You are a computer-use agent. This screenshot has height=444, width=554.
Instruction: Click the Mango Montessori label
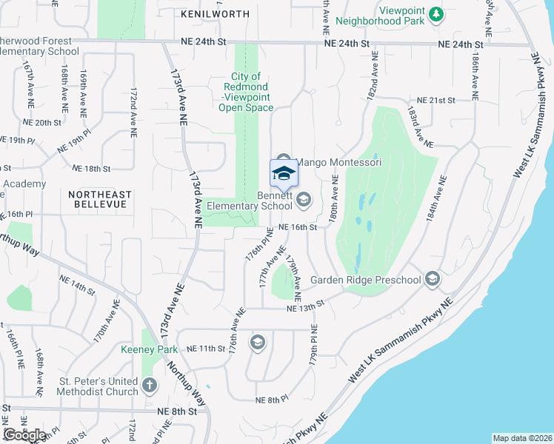coord(338,162)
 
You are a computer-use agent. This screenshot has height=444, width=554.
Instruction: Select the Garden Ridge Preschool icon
coord(433,279)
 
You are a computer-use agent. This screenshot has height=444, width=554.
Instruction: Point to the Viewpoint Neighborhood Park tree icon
coord(437,14)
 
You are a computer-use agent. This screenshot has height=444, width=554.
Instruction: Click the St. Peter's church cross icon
coord(150,386)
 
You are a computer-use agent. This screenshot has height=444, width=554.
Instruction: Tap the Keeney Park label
coord(150,349)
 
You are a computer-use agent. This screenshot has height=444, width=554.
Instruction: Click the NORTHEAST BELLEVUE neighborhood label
coord(99,199)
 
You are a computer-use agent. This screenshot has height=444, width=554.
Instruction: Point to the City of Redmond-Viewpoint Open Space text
coord(245,92)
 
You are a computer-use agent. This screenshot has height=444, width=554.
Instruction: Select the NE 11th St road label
coord(205,348)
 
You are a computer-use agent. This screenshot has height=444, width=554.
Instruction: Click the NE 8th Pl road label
coord(271,400)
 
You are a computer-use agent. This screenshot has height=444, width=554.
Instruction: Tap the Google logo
coord(24,435)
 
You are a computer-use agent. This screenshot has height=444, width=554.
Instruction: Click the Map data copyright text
coord(522,438)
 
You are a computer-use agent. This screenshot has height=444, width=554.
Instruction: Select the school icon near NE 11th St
coord(257,342)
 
